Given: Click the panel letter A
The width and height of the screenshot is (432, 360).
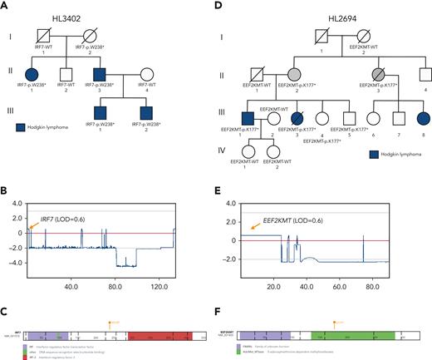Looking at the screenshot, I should point(5,7).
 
